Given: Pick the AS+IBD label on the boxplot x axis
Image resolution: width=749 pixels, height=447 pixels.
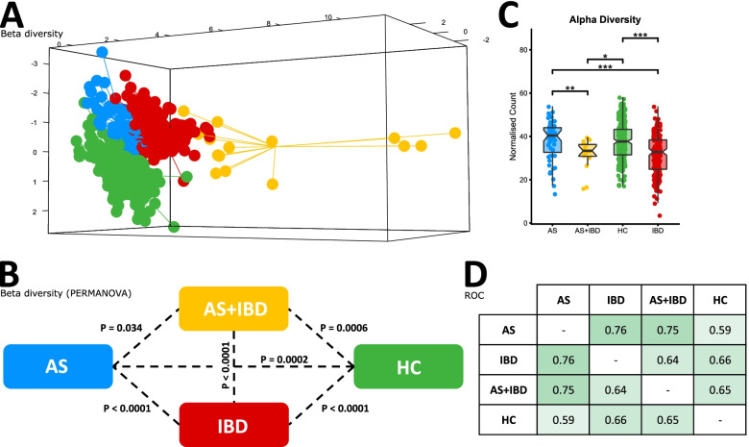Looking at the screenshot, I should [x=588, y=232].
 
